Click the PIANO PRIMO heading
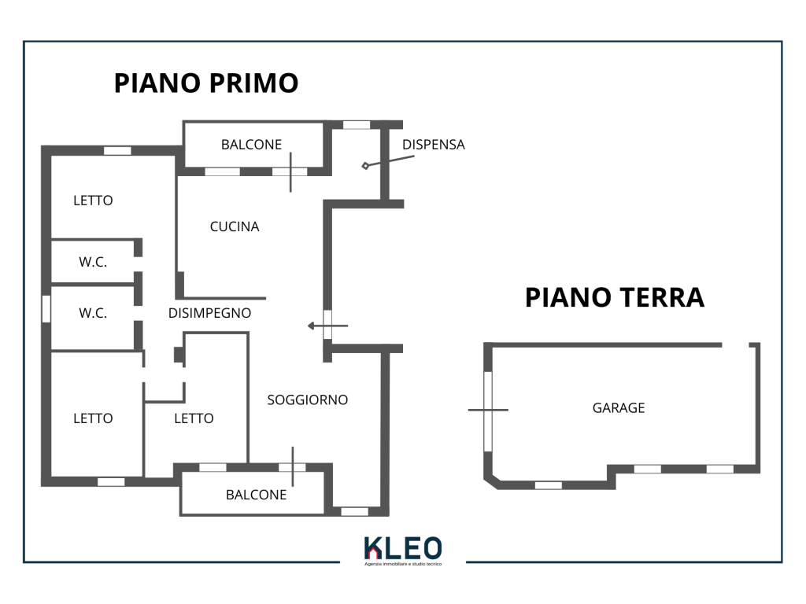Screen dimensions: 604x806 (x=206, y=83)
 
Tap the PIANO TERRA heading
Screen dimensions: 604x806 (x=614, y=297)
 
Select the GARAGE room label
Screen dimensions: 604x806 (x=619, y=407)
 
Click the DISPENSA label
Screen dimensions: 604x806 (x=433, y=145)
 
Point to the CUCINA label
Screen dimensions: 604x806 (x=235, y=226)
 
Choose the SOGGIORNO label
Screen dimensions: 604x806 (x=307, y=400)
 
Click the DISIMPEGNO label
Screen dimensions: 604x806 (x=209, y=313)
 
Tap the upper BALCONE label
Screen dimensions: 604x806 (x=251, y=144)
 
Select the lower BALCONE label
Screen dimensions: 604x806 (x=256, y=495)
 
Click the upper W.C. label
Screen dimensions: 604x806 (x=93, y=263)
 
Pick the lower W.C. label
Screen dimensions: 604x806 (x=93, y=312)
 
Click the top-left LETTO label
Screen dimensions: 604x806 (x=93, y=201)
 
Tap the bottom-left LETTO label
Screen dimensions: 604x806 (x=93, y=418)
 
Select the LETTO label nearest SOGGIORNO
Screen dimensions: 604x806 (x=194, y=418)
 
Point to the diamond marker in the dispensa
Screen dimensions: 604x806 (x=365, y=166)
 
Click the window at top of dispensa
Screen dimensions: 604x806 (x=357, y=124)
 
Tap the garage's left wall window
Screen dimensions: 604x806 (x=488, y=410)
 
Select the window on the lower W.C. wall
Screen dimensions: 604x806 (x=46, y=308)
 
